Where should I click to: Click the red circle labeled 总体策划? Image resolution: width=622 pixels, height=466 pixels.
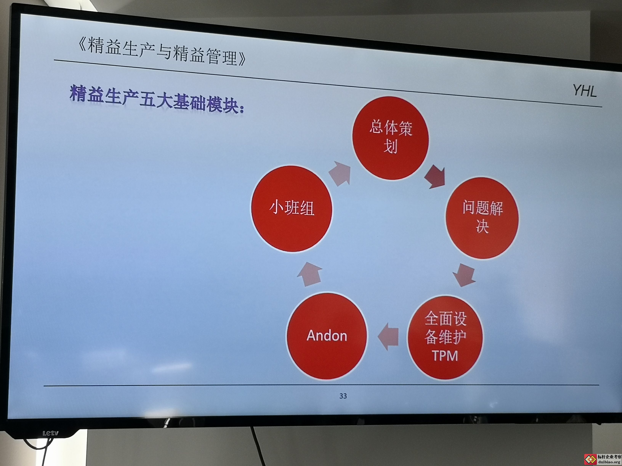click(x=391, y=138)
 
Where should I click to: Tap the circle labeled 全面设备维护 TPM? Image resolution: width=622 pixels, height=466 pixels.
click(x=445, y=337)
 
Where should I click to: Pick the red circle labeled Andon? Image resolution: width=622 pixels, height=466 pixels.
click(x=327, y=336)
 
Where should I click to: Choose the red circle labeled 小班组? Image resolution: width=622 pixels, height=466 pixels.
click(x=292, y=208)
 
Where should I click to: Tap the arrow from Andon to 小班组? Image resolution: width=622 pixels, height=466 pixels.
click(x=310, y=274)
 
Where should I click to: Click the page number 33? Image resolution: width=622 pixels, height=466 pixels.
click(x=343, y=396)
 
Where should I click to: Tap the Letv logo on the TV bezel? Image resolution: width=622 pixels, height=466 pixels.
click(x=51, y=433)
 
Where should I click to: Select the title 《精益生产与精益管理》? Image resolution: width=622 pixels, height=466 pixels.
click(x=162, y=51)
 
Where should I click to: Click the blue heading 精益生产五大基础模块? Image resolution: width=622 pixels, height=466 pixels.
click(x=157, y=99)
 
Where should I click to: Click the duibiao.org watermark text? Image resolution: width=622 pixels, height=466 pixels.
click(x=609, y=462)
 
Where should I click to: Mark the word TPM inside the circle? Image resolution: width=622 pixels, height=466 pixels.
click(x=445, y=356)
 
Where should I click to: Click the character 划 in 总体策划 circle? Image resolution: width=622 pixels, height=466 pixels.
click(x=391, y=146)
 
